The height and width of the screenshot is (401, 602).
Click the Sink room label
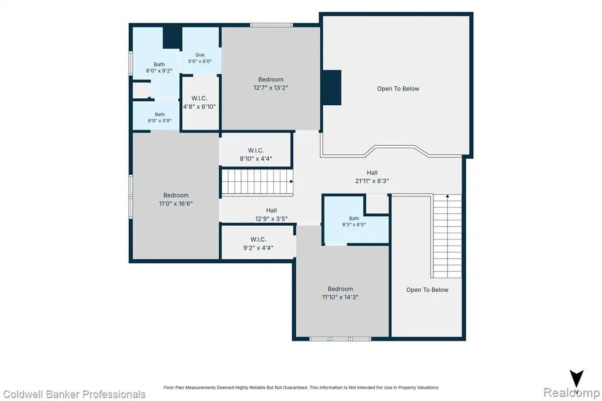point(200,55)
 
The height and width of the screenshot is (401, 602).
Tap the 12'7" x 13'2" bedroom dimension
point(270,88)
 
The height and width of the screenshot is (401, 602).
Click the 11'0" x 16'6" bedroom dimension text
point(176,203)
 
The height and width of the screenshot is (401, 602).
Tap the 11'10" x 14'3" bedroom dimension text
point(340,297)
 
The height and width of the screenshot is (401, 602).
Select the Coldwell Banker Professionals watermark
point(75,395)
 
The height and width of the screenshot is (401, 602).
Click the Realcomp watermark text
point(571,393)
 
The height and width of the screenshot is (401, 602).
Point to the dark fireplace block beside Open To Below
point(330,88)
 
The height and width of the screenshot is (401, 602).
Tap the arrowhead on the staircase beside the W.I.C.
point(292,181)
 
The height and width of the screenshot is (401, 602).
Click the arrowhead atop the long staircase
point(447,196)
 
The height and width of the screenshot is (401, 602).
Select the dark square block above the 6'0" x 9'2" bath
point(172,37)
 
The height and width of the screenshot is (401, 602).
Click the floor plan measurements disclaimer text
point(301,387)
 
